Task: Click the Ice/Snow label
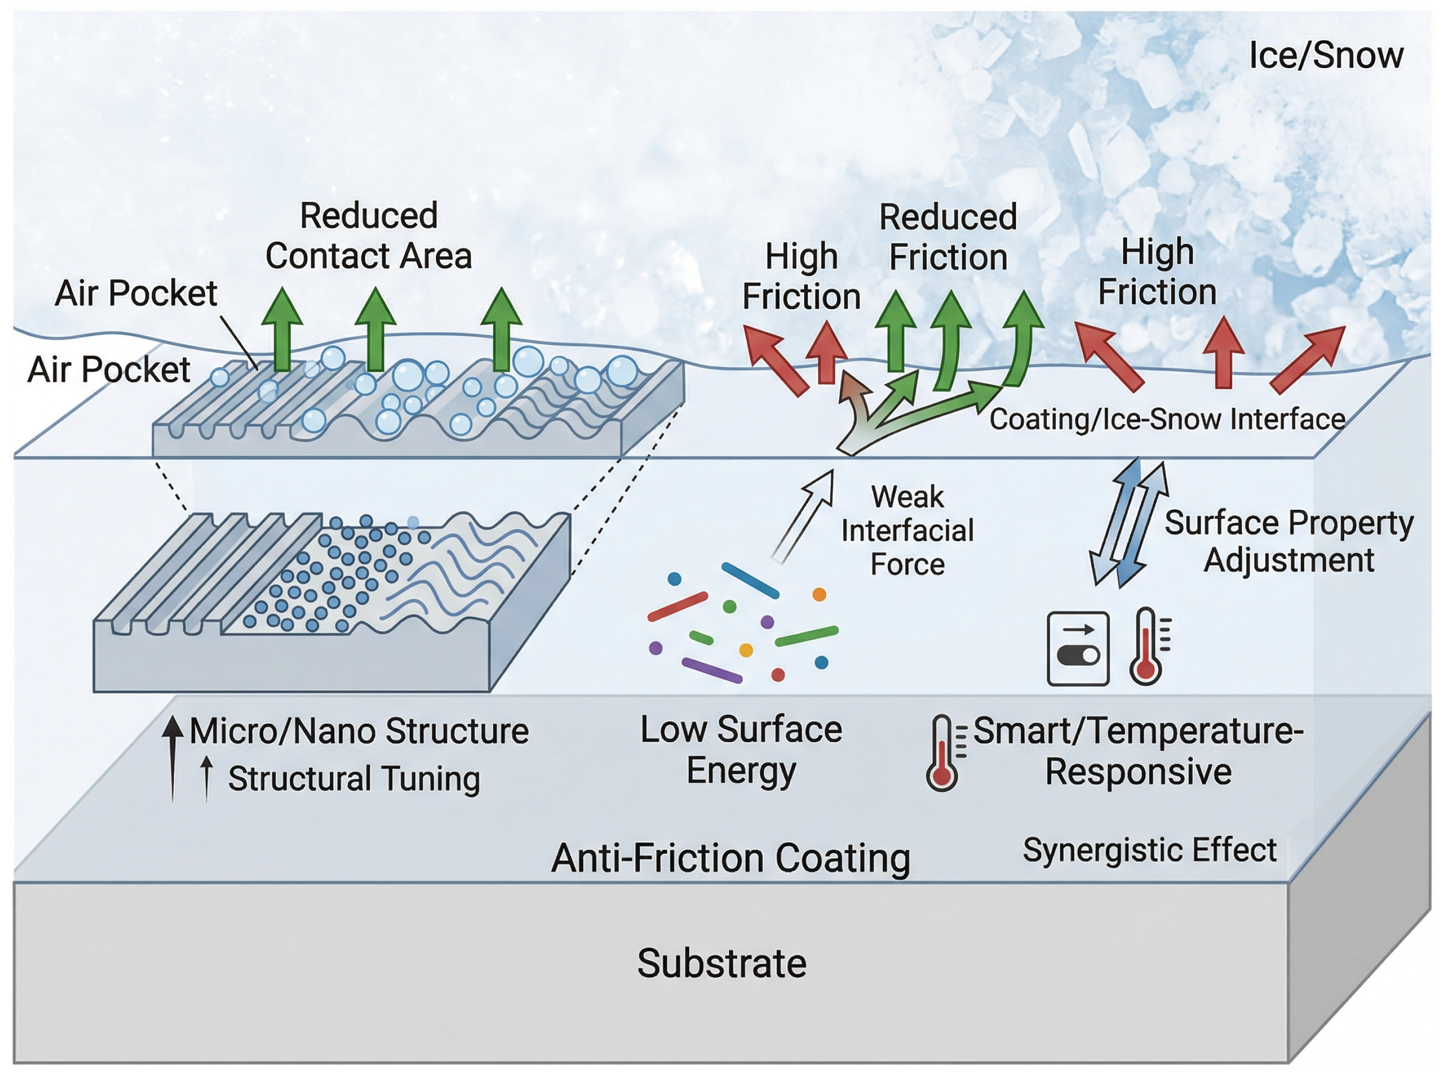tap(1326, 55)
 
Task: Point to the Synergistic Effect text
tap(1149, 850)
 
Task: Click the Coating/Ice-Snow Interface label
tap(1167, 419)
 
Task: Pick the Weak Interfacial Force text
tap(907, 530)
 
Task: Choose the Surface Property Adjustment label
tap(1289, 541)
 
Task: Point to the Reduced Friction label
tap(948, 237)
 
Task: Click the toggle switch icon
tap(1078, 648)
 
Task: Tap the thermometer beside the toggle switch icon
tap(1149, 646)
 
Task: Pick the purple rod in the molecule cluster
tap(712, 670)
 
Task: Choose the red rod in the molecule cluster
tap(678, 606)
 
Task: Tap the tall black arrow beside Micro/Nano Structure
tap(172, 757)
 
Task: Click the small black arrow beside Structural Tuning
tap(206, 778)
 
